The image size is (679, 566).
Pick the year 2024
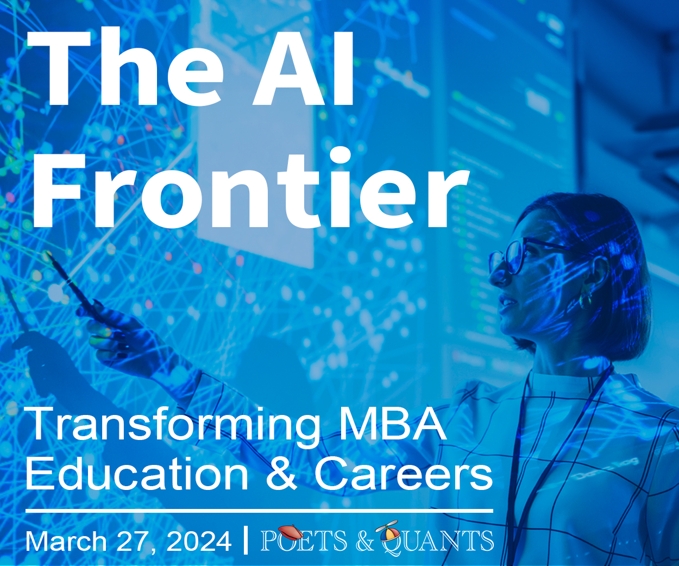199,542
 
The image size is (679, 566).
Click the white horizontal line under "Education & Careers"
259,511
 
